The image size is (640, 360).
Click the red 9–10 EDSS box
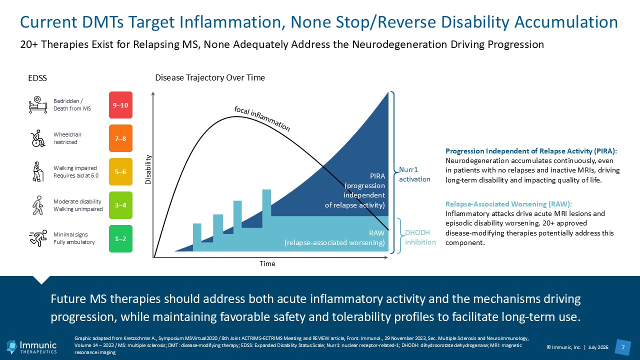click(x=120, y=105)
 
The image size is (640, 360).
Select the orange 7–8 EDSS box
click(x=120, y=138)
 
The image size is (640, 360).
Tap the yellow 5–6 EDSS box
click(x=120, y=171)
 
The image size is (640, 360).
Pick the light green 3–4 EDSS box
click(x=120, y=205)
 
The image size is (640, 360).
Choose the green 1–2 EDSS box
click(x=120, y=238)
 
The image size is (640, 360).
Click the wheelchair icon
click(x=38, y=138)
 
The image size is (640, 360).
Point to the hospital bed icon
click(x=37, y=105)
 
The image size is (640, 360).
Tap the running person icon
click(x=38, y=238)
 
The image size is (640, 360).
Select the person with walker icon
click(x=38, y=171)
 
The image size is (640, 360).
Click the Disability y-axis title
click(x=148, y=169)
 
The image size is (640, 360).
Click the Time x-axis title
click(x=267, y=263)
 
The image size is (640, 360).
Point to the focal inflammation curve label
click(x=261, y=118)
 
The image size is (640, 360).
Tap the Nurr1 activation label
click(x=414, y=174)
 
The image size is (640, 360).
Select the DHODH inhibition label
click(x=420, y=237)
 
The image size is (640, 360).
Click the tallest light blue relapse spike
click(x=266, y=203)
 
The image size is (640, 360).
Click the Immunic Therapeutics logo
click(x=31, y=347)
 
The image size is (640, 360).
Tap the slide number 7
click(x=623, y=347)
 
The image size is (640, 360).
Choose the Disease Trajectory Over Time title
click(x=210, y=77)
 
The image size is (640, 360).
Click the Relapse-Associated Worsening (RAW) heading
click(x=508, y=204)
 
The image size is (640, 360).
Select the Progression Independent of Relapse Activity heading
click(x=531, y=151)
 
